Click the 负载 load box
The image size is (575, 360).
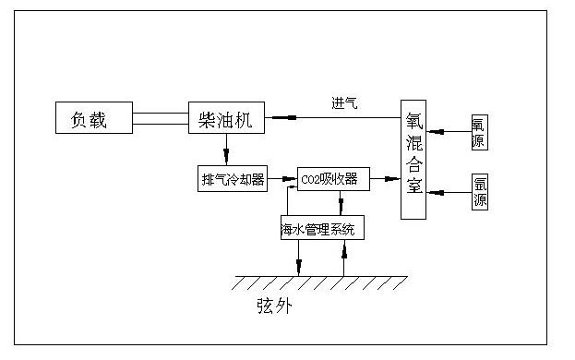(x=91, y=119)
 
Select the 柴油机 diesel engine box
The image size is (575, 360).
(x=226, y=119)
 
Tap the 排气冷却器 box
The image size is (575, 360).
(x=232, y=177)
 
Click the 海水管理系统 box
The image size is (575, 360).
(x=322, y=227)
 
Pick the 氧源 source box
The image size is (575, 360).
(x=478, y=132)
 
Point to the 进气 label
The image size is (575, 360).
(x=344, y=102)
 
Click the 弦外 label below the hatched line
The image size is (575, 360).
(x=274, y=305)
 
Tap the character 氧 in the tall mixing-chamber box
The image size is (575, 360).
(x=413, y=122)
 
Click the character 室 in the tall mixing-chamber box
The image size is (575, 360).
(x=413, y=188)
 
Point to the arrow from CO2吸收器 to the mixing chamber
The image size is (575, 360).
(x=385, y=179)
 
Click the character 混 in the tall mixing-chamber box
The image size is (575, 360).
(x=413, y=144)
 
